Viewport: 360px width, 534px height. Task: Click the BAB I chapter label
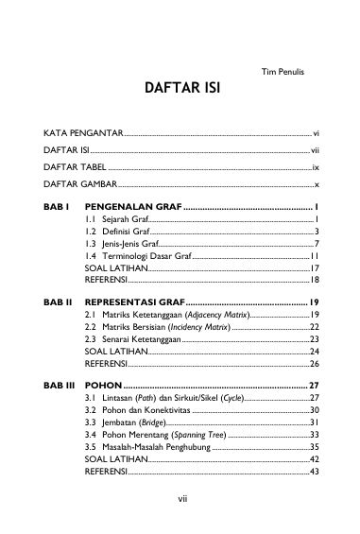(x=58, y=205)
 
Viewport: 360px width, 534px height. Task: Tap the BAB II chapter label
(x=59, y=301)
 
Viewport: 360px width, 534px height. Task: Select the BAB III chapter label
(x=60, y=386)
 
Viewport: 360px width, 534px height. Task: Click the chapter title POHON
(x=103, y=386)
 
